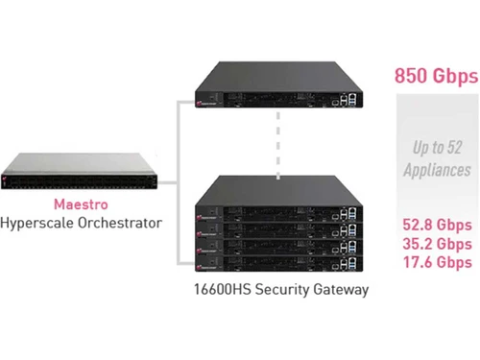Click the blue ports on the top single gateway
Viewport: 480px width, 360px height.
349,98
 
